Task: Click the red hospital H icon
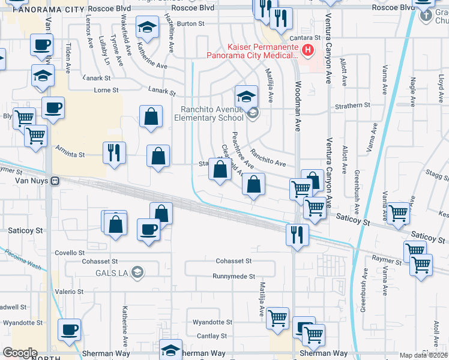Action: tap(308, 49)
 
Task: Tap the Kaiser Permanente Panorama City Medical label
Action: tap(253, 51)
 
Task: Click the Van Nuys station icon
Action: tap(55, 180)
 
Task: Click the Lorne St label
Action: tap(107, 90)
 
